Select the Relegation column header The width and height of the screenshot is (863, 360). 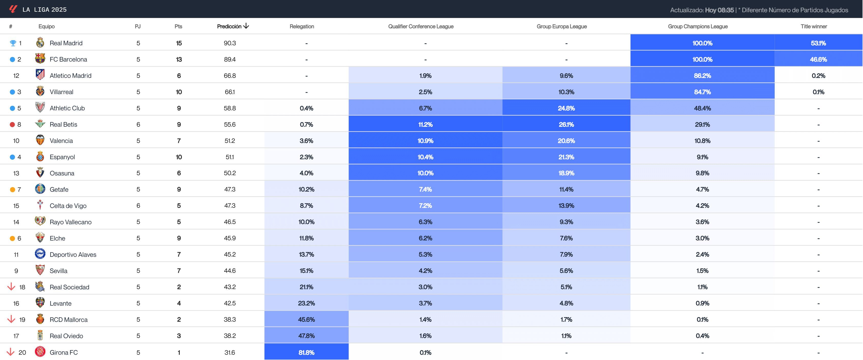click(x=302, y=26)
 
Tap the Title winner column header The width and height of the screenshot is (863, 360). click(x=813, y=26)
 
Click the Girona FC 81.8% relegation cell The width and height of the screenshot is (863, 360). click(x=306, y=352)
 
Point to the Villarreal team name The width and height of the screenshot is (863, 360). click(x=61, y=92)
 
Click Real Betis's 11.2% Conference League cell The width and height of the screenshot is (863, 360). click(x=425, y=124)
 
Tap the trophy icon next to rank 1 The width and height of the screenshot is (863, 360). click(x=13, y=43)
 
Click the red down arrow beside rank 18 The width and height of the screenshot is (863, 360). click(x=11, y=287)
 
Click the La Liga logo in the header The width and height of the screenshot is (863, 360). click(x=13, y=9)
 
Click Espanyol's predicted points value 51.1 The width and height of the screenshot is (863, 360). click(x=230, y=157)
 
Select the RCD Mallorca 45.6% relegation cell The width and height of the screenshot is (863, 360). click(x=306, y=319)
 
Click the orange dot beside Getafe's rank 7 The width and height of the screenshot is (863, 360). click(x=12, y=190)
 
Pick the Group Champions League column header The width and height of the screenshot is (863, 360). click(x=697, y=26)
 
